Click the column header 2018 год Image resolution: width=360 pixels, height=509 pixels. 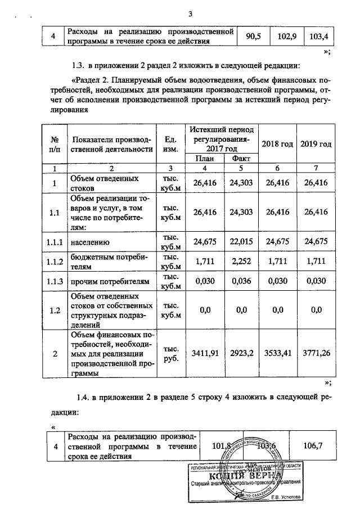pyautogui.click(x=278, y=144)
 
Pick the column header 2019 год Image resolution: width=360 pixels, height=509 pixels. pyautogui.click(x=316, y=144)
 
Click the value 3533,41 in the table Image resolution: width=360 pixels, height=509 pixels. pyautogui.click(x=278, y=354)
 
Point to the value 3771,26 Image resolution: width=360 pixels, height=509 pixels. pyautogui.click(x=316, y=354)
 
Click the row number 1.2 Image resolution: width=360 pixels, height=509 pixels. pyautogui.click(x=55, y=309)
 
